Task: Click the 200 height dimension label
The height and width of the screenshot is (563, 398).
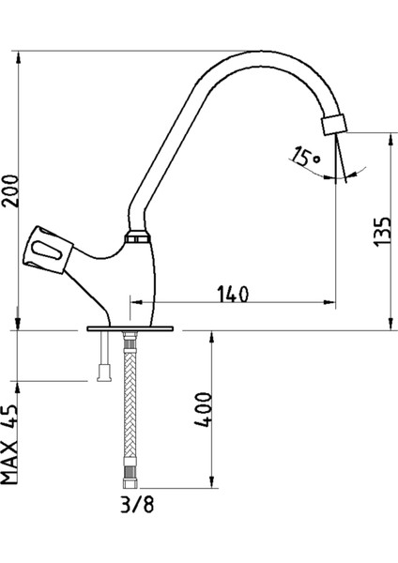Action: coord(9,190)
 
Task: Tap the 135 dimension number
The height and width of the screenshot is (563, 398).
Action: coord(382,232)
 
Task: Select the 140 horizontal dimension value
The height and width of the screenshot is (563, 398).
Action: coord(233,294)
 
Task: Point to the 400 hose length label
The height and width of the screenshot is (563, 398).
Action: coord(204,409)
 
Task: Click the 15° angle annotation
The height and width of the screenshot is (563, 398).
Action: coord(305,156)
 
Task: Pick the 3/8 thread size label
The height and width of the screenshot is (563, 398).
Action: coord(137,505)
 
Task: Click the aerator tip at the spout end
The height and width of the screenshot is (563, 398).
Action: coord(334,125)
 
